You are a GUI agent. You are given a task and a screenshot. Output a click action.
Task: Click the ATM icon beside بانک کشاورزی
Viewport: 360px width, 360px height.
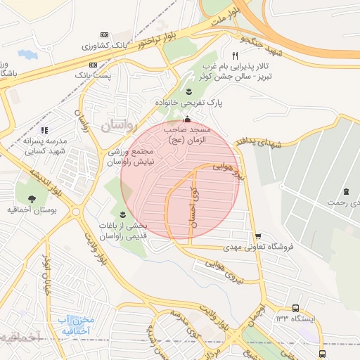coord(105,34)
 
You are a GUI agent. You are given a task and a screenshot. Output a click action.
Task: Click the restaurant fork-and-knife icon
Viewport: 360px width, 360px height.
coord(236,56)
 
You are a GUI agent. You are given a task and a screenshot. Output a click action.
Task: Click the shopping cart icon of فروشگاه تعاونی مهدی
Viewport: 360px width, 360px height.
coord(258,236)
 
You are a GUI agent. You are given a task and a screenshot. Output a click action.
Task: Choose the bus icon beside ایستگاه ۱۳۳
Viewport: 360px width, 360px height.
coord(295,308)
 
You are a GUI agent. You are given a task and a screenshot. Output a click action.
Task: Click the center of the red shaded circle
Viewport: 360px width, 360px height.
coord(181,179)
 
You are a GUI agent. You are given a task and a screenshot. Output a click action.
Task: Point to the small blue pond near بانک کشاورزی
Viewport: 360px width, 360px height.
coord(27,53)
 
